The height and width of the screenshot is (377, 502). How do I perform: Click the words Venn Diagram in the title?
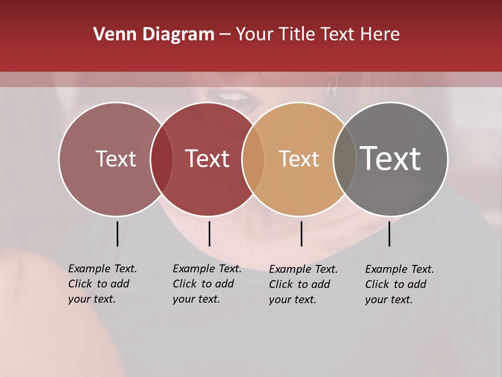pos(153,35)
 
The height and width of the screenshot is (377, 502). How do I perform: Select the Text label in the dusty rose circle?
pos(116,159)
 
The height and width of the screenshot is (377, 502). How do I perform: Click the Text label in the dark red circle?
pos(208,159)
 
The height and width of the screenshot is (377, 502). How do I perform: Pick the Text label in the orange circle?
pos(299,159)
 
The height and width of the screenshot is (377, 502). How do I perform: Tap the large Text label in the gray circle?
pos(391,159)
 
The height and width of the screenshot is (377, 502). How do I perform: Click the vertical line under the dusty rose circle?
pos(117,234)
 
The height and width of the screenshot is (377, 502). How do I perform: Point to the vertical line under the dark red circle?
pos(209,234)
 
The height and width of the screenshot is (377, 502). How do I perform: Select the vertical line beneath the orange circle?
pos(301,234)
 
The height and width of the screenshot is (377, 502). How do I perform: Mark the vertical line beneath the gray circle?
pos(389,234)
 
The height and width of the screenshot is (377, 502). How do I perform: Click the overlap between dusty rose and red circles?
pos(162,159)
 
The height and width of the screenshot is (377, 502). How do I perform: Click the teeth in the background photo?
pos(234,96)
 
